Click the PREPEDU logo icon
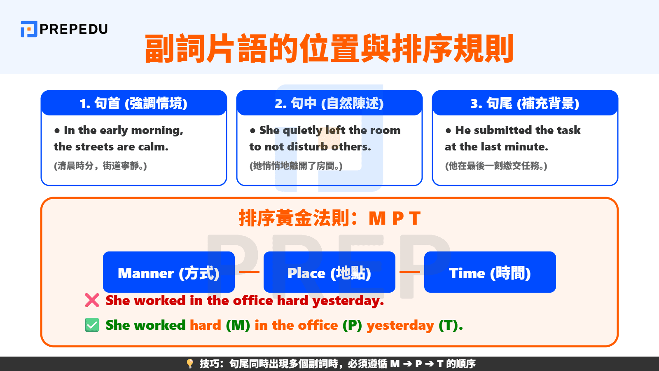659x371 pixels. [x=29, y=29]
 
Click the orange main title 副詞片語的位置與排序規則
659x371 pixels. [x=329, y=49]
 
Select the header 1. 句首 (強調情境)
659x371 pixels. [x=134, y=103]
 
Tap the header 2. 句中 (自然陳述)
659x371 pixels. [x=329, y=103]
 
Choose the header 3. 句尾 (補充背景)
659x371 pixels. [x=525, y=103]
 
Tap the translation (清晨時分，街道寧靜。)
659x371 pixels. [x=100, y=166]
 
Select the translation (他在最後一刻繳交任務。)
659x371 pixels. [x=496, y=166]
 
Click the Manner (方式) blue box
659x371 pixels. [x=168, y=272]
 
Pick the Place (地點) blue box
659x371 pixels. [x=329, y=272]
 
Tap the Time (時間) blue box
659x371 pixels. [x=490, y=272]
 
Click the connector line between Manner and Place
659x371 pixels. [x=249, y=272]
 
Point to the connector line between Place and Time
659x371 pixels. [x=409, y=272]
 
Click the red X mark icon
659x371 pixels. [x=92, y=300]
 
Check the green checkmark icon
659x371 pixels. [x=92, y=325]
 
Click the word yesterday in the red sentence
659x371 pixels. [x=347, y=301]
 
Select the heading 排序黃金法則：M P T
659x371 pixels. [x=329, y=218]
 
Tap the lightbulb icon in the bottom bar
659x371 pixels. [x=189, y=364]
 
